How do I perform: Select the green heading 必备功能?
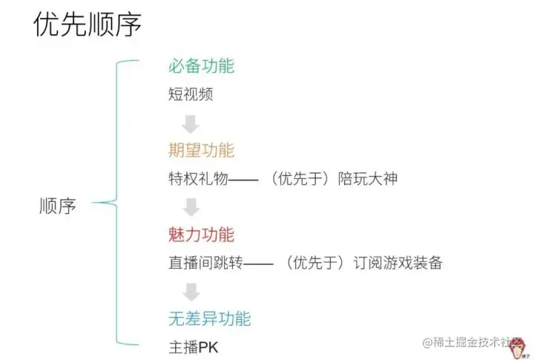(x=201, y=66)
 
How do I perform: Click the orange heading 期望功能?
(x=201, y=151)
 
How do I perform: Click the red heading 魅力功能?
(x=201, y=235)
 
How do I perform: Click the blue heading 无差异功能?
(x=209, y=319)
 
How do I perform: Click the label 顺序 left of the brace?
(x=57, y=206)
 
